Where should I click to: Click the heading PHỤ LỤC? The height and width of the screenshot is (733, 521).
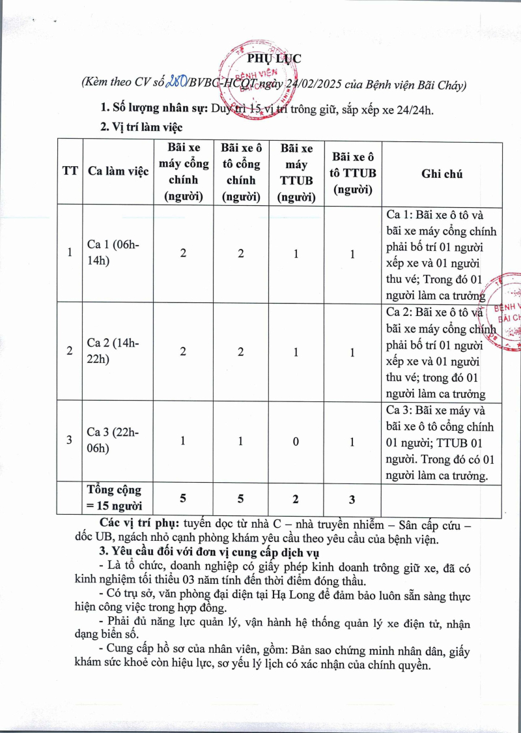pos(276,59)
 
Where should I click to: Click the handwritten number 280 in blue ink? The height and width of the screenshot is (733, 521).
pos(176,83)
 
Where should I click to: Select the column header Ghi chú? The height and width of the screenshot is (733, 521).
pos(442,173)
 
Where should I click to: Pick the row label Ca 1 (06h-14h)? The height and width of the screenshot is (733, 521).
pos(113,253)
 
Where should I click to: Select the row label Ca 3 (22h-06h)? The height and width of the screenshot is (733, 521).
pos(113,440)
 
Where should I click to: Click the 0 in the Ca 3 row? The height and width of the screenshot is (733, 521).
pos(296,441)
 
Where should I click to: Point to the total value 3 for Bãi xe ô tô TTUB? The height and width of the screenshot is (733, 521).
pos(352,500)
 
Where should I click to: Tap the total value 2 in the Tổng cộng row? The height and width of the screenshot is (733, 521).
pos(296,500)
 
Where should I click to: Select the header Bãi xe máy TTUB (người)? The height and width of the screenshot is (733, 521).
pos(297,173)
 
